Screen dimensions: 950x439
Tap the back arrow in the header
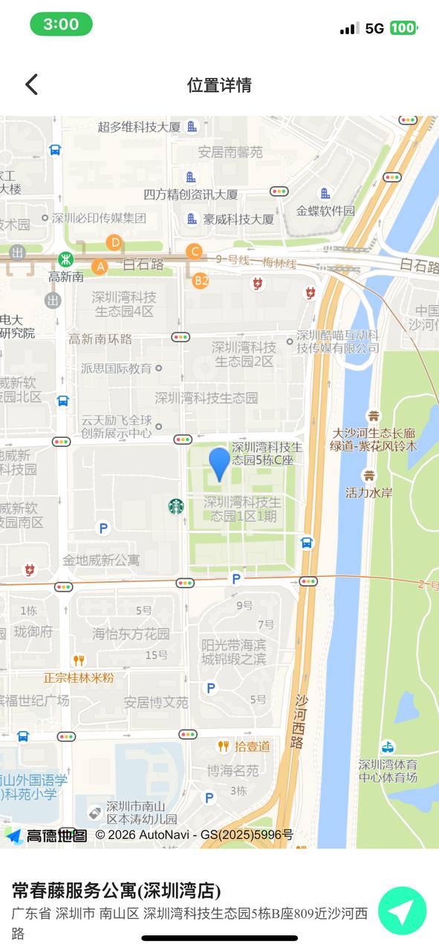[31, 85]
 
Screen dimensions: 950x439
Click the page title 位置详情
[219, 85]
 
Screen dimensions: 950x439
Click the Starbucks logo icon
[176, 506]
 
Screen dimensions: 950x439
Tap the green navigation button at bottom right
[402, 911]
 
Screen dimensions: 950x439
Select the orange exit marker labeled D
[114, 242]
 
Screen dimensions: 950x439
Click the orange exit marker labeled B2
[201, 280]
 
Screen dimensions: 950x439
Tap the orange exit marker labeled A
[100, 266]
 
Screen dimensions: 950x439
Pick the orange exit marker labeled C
[194, 252]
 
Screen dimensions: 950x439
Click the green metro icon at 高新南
[66, 260]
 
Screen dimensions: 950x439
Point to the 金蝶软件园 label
[325, 210]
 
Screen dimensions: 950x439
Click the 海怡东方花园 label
[131, 634]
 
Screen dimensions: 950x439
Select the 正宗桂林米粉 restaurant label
[78, 678]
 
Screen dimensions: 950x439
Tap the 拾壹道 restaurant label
[253, 746]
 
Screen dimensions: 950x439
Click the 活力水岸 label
[369, 492]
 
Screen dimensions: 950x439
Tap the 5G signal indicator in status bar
[374, 28]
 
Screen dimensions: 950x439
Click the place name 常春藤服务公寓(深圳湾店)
[116, 891]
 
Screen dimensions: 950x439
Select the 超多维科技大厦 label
[139, 126]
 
